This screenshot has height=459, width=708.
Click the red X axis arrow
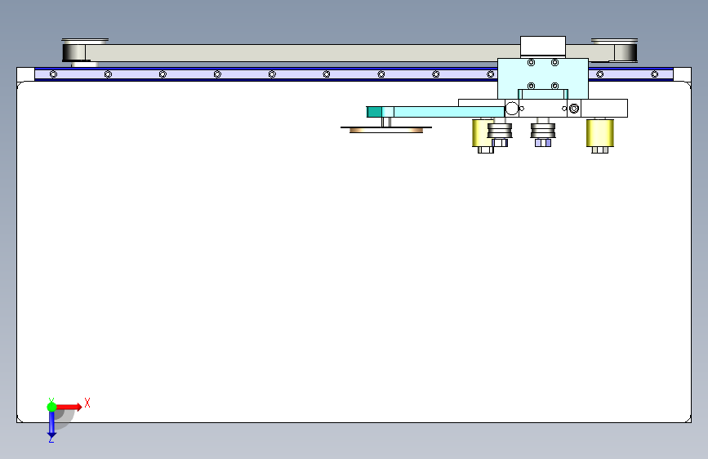pos(69,406)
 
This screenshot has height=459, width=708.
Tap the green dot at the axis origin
pos(51,406)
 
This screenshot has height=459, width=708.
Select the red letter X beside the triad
pos(87,403)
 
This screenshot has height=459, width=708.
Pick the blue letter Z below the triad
pos(51,439)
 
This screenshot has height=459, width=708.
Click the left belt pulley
pos(78,51)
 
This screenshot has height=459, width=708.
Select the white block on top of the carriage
pos(542,47)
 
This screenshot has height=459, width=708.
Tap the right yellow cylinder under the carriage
pos(599,133)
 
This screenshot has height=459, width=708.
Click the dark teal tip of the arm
pos(374,112)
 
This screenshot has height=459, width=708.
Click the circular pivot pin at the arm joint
pos(512,109)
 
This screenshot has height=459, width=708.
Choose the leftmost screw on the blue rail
pos(53,74)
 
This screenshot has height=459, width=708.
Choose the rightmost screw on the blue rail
pos(655,74)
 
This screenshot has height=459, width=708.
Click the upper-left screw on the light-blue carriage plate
pos(531,63)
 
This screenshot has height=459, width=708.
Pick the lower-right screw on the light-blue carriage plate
pos(554,86)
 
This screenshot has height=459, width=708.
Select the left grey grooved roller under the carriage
pos(500,131)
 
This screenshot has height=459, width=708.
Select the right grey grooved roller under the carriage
pos(543,131)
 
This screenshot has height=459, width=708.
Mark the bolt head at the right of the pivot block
pos(575,109)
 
